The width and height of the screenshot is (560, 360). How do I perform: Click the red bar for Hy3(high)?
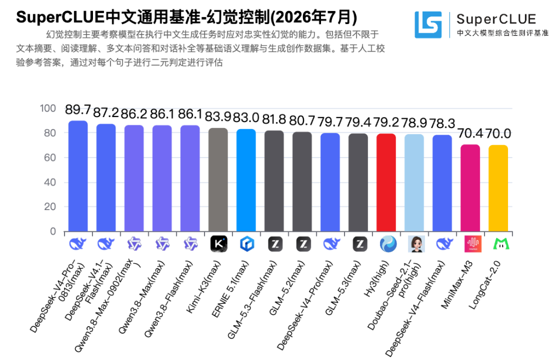point(386,183)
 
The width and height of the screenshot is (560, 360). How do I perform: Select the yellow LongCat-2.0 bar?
point(498,188)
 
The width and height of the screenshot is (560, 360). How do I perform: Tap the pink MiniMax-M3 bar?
point(470,188)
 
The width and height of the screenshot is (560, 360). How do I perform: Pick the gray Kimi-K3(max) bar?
point(218,179)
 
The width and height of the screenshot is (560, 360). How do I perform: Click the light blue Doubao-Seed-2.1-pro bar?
point(415,183)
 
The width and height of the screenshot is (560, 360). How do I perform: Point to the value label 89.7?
point(78,109)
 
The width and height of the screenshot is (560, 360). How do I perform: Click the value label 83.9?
point(218,117)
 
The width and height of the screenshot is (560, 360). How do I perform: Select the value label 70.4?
point(470,133)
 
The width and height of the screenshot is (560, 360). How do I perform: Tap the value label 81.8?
point(274,119)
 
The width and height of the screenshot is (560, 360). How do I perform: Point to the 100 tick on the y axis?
point(48,108)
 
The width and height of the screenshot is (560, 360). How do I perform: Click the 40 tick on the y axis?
point(50,182)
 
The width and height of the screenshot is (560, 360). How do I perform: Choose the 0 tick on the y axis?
point(53,231)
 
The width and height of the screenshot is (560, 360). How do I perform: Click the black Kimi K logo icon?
point(219,244)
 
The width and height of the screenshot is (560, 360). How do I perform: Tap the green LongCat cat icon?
point(501,244)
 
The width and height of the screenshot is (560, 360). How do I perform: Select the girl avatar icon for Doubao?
point(416,244)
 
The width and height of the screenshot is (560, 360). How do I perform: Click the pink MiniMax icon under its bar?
point(473,244)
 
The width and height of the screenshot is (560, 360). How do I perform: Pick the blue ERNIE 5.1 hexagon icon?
point(247,244)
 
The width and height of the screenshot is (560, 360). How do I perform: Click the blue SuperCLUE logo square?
point(428,25)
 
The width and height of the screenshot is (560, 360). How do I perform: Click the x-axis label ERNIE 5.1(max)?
point(230,289)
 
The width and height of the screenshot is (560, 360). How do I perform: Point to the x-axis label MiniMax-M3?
point(457,284)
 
